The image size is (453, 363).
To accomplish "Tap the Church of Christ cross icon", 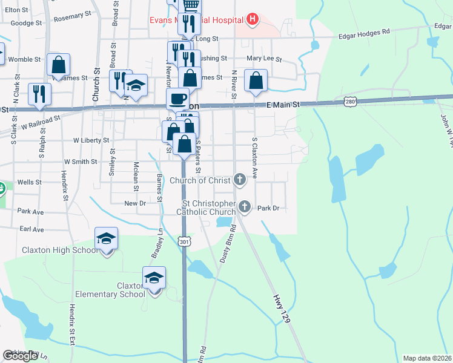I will pos(240,180).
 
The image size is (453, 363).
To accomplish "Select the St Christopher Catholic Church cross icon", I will pos(244,208).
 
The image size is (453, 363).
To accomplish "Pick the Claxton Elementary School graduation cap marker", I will pos(154,278).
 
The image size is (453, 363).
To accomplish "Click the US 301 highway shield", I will pos(185,241).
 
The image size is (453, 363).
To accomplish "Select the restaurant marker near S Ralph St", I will pos(40,94).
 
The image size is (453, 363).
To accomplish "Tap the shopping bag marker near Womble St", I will pos(58,64).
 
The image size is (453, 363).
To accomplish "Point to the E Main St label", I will pos(283,105).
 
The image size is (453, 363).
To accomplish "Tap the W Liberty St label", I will pos(91,140).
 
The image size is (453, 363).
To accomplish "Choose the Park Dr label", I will pos(268,208).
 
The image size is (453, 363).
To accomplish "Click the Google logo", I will pos(20,356).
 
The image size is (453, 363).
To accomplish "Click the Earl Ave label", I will pos(31,230).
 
